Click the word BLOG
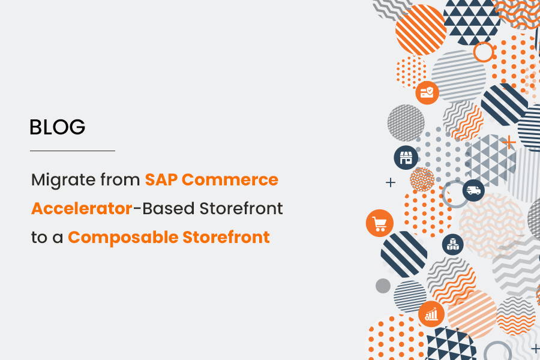[x=58, y=127]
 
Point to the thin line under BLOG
[x=72, y=151]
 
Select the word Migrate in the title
[x=59, y=179]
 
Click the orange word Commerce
[x=230, y=179]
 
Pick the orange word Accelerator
[x=82, y=208]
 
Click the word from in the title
[x=116, y=179]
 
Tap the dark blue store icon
[x=406, y=158]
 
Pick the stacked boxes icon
[x=453, y=244]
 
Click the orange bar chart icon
[x=431, y=313]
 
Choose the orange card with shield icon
[x=427, y=92]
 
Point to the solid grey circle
[x=383, y=286]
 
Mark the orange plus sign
[x=509, y=142]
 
